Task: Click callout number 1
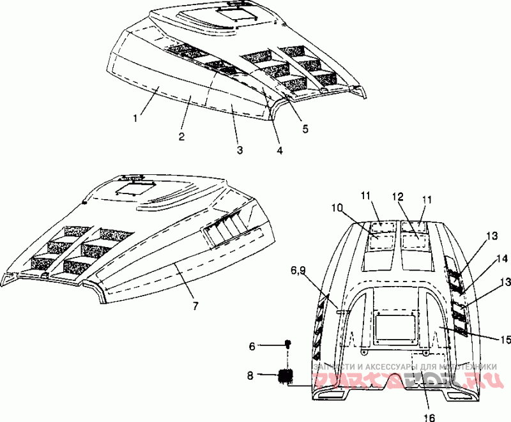pos(135,118)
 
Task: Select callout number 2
pos(181,136)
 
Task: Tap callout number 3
pos(239,150)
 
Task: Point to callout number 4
pos(279,151)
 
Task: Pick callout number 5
pos(305,129)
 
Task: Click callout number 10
pos(337,207)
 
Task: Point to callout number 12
pos(397,197)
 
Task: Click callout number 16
pos(429,418)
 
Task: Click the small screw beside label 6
pos(287,345)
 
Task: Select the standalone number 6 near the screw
pos(252,345)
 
